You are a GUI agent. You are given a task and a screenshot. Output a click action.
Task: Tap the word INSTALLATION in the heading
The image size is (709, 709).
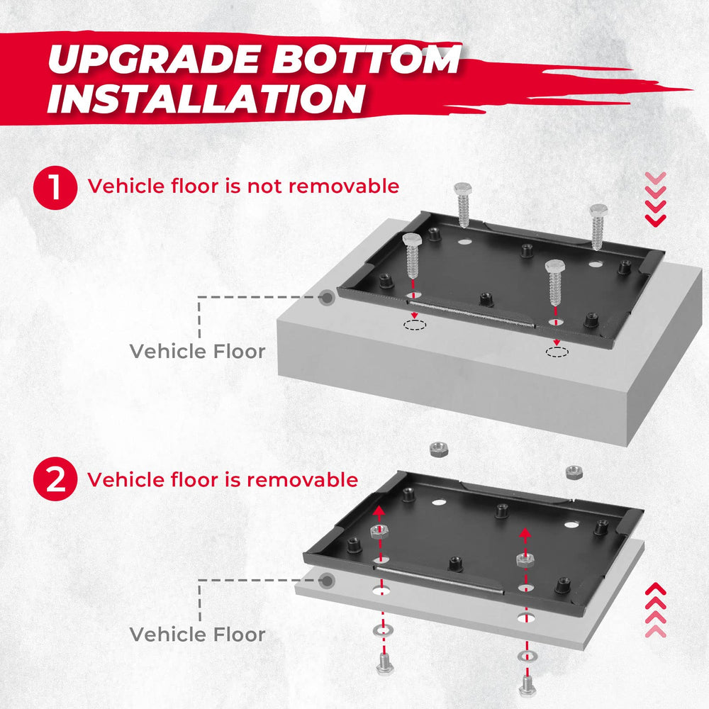(x=206, y=99)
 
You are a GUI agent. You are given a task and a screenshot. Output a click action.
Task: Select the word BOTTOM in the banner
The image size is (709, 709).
(x=369, y=61)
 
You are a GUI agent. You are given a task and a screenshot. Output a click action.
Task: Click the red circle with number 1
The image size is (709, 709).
(x=54, y=187)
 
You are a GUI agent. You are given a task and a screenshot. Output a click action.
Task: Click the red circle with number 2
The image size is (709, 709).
(x=54, y=480)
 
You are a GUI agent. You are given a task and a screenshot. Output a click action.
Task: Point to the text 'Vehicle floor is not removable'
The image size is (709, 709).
(x=243, y=186)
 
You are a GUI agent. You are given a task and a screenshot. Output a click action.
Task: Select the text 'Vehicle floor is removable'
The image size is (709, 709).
(x=223, y=480)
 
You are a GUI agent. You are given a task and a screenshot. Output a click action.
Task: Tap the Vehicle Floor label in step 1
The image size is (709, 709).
(x=197, y=351)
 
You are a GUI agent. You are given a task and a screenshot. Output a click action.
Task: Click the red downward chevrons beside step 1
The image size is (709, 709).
(x=656, y=200)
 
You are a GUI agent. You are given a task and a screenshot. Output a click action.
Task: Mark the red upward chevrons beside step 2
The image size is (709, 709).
(x=656, y=609)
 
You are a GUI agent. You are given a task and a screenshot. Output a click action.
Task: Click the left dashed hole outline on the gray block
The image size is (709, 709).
(x=413, y=325)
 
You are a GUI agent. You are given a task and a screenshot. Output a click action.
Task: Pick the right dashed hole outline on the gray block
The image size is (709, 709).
(x=557, y=352)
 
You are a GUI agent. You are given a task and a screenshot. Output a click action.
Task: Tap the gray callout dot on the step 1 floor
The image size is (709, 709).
(x=326, y=298)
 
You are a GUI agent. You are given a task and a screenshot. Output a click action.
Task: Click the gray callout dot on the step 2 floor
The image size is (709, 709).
(x=326, y=581)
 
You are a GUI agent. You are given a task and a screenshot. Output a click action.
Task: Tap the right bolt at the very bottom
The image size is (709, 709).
(x=525, y=685)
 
